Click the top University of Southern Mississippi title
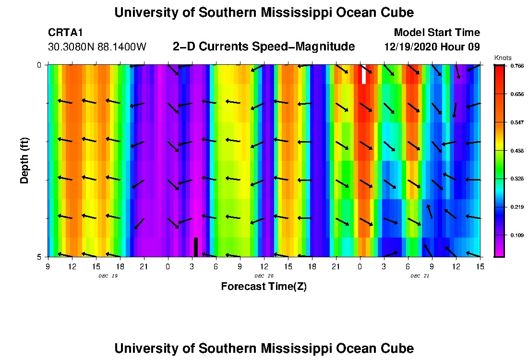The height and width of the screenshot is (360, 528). pyautogui.click(x=264, y=12)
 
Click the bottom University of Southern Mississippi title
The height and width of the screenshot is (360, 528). pyautogui.click(x=264, y=348)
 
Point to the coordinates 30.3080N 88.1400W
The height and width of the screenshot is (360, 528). pyautogui.click(x=97, y=47)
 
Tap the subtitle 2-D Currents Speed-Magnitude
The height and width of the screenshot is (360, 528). pyautogui.click(x=264, y=47)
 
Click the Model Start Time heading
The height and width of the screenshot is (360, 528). pyautogui.click(x=437, y=33)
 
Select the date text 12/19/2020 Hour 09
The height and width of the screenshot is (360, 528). pyautogui.click(x=432, y=47)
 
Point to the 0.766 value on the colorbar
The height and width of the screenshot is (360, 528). pyautogui.click(x=516, y=66)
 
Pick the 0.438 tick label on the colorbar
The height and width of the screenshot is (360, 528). pyautogui.click(x=516, y=151)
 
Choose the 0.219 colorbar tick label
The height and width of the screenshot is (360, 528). pyautogui.click(x=516, y=207)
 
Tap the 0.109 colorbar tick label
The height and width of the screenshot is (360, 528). pyautogui.click(x=516, y=235)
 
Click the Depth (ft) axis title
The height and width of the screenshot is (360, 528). pyautogui.click(x=25, y=159)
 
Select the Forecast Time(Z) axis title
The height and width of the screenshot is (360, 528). pyautogui.click(x=264, y=287)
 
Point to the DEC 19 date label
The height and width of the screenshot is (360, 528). pyautogui.click(x=108, y=276)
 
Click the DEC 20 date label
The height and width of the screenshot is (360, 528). pyautogui.click(x=264, y=276)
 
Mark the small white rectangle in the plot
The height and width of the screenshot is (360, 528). pyautogui.click(x=364, y=74)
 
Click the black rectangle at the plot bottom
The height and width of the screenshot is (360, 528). pyautogui.click(x=196, y=247)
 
